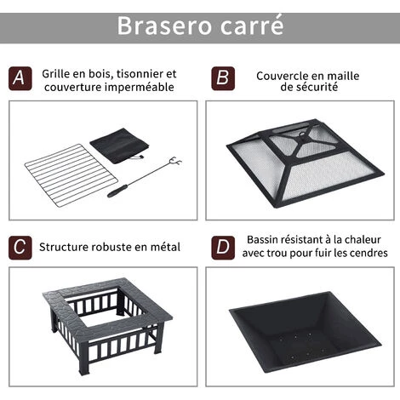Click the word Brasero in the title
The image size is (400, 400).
(164, 26)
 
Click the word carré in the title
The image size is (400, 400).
(252, 25)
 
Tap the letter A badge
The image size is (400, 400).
(20, 78)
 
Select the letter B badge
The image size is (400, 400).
(223, 78)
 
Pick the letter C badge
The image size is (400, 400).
(20, 248)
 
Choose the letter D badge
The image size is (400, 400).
(223, 248)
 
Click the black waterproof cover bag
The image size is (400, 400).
(119, 146)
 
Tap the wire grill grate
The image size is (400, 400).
(71, 176)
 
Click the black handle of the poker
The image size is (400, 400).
(117, 191)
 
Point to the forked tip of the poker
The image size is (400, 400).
(175, 162)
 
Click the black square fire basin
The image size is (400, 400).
(305, 331)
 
